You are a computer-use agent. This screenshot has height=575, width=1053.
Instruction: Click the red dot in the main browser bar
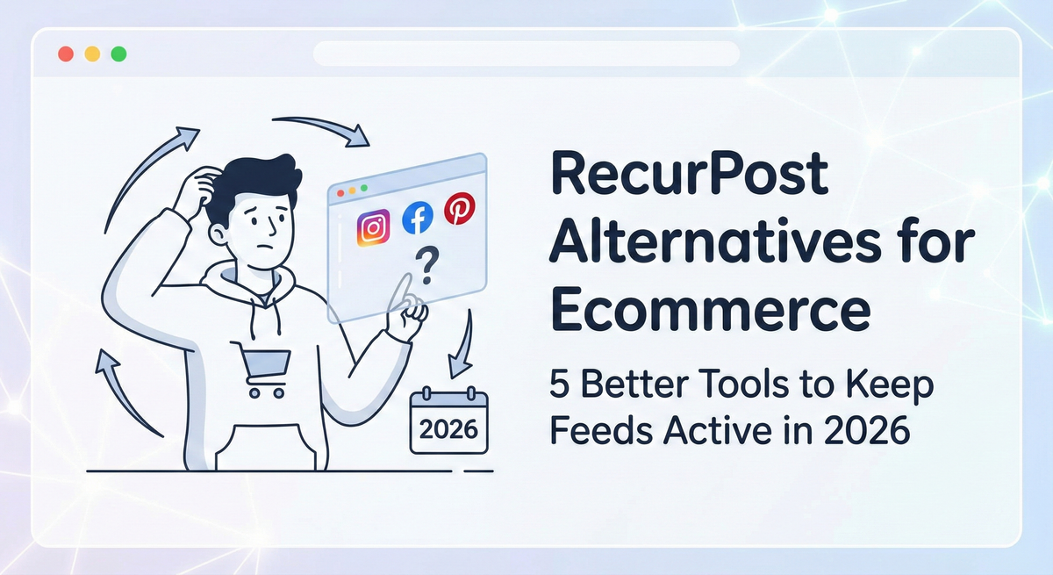pyautogui.click(x=65, y=54)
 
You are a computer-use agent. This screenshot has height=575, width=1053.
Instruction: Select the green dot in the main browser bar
pyautogui.click(x=118, y=54)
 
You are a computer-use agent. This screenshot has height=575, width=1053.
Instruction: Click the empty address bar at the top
pyautogui.click(x=525, y=54)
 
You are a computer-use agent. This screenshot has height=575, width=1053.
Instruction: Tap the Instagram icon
pyautogui.click(x=374, y=227)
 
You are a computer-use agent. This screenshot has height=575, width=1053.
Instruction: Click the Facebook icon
pyautogui.click(x=418, y=219)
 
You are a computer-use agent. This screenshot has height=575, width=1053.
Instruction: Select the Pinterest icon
pyautogui.click(x=459, y=209)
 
